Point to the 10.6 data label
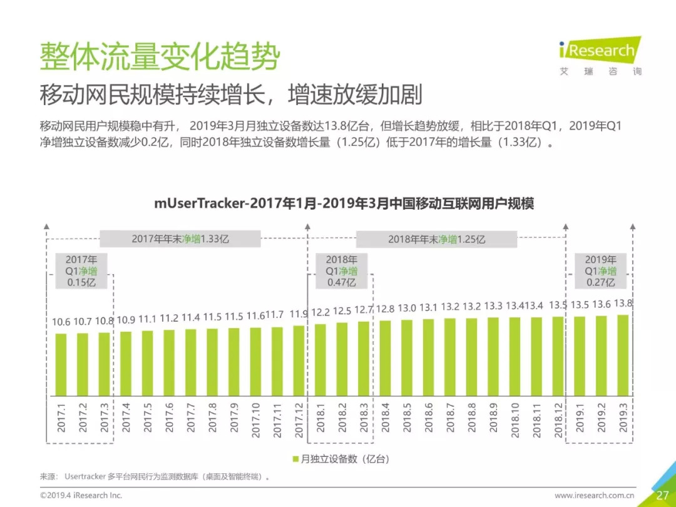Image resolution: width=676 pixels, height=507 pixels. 61,322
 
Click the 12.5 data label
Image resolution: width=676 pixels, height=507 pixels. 342,311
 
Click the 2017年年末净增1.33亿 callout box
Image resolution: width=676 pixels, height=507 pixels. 180,238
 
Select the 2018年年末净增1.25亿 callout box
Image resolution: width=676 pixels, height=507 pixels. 436,239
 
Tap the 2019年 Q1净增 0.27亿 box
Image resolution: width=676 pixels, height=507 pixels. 601,271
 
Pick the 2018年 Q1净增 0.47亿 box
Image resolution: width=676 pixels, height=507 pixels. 341,271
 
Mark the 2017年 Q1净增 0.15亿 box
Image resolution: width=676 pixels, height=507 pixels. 81,271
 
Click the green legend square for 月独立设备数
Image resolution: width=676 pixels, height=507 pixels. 295,459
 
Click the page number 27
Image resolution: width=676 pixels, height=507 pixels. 662,495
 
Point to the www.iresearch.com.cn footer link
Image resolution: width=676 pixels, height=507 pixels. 594,496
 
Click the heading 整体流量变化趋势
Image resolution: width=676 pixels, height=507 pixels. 160,58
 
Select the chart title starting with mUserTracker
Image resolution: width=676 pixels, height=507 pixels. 344,204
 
